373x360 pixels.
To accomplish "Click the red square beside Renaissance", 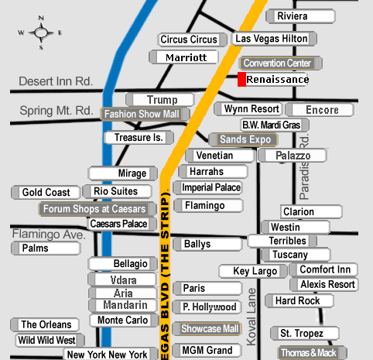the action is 241,79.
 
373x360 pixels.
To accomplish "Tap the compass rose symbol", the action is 40,33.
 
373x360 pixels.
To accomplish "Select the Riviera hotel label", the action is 300,16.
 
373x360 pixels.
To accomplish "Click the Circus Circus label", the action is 193,39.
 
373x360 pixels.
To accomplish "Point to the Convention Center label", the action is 281,63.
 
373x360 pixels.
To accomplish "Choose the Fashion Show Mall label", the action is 145,114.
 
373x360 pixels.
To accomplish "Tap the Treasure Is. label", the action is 139,138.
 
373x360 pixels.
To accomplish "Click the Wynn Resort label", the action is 248,109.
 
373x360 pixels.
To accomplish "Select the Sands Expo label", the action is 243,139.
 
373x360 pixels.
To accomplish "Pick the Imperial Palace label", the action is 208,187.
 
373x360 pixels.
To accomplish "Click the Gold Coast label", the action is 46,193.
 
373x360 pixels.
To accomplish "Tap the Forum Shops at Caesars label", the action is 98,209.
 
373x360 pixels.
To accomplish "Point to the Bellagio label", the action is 123,264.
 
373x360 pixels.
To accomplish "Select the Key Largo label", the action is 253,271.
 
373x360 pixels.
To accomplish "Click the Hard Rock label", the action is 299,301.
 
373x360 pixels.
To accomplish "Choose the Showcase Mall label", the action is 207,329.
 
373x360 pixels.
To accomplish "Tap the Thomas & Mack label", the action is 312,353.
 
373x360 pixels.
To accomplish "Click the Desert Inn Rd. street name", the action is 56,81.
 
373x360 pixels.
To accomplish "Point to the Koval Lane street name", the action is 252,317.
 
